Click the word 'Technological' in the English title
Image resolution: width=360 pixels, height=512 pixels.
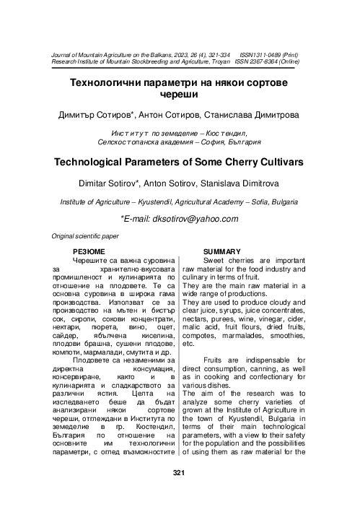pos(95,162)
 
